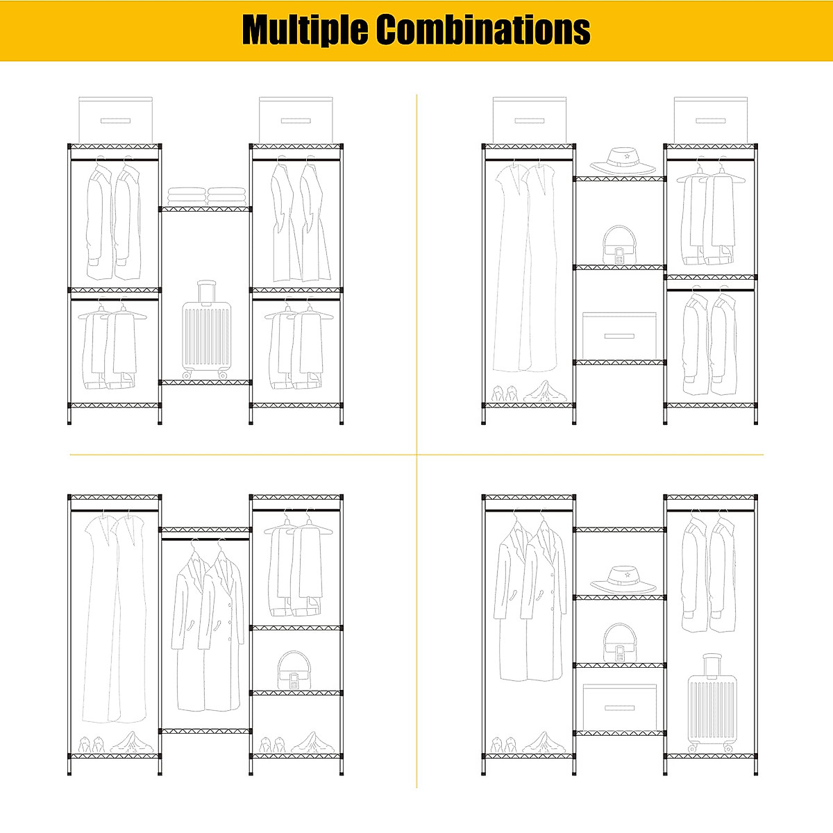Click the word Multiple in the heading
[305, 30]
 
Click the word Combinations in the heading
[483, 30]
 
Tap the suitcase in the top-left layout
[205, 337]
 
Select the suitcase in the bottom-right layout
[711, 708]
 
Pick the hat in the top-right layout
[623, 162]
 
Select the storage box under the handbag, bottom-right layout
[619, 707]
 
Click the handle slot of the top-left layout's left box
[115, 121]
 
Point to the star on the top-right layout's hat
[626, 157]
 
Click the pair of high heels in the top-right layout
[505, 394]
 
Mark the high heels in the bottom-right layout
[505, 744]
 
